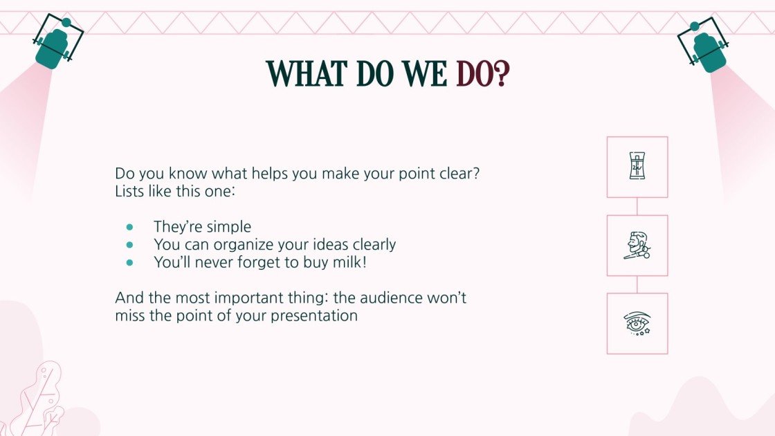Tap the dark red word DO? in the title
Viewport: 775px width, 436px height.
[x=482, y=73]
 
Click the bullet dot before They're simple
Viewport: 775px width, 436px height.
[x=129, y=227]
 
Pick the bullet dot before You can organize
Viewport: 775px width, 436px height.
[x=129, y=244]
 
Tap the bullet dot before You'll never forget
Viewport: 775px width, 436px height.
[x=129, y=262]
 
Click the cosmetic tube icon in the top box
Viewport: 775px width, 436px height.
[x=637, y=167]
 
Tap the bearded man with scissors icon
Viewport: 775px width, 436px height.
[x=637, y=246]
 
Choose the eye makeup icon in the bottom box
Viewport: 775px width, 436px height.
[x=637, y=324]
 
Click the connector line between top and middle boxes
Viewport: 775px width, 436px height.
[x=637, y=206]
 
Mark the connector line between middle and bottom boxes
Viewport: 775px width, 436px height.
[x=637, y=284]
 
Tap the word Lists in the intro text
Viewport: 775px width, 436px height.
[x=129, y=191]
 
